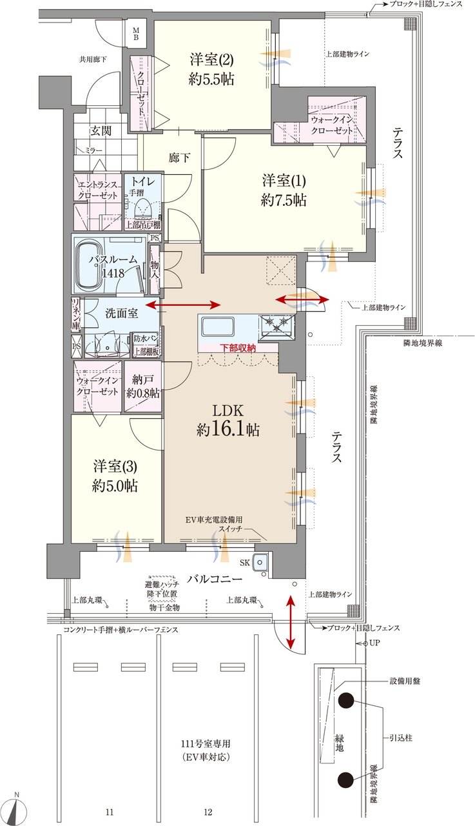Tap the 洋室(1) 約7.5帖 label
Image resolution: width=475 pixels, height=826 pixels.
(284, 189)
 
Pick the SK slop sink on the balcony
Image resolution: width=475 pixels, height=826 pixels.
(260, 563)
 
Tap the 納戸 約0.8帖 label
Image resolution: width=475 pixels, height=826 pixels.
(142, 386)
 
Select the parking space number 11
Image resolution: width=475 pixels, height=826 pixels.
(110, 811)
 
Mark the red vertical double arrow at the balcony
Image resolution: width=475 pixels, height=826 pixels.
(291, 622)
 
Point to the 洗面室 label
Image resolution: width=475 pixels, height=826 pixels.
(122, 314)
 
